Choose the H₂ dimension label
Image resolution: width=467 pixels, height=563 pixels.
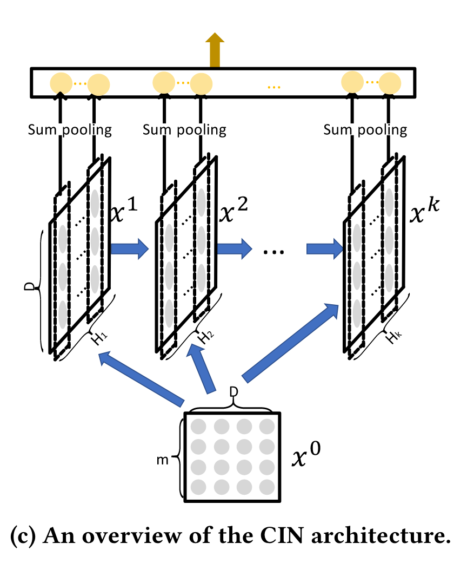pyautogui.click(x=205, y=338)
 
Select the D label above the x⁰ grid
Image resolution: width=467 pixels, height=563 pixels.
pyautogui.click(x=233, y=391)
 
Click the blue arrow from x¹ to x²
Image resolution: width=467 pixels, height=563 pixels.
pyautogui.click(x=130, y=249)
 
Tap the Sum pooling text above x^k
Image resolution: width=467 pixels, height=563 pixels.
pyautogui.click(x=365, y=130)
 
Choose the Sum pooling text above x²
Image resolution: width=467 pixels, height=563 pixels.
pyautogui.click(x=184, y=130)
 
